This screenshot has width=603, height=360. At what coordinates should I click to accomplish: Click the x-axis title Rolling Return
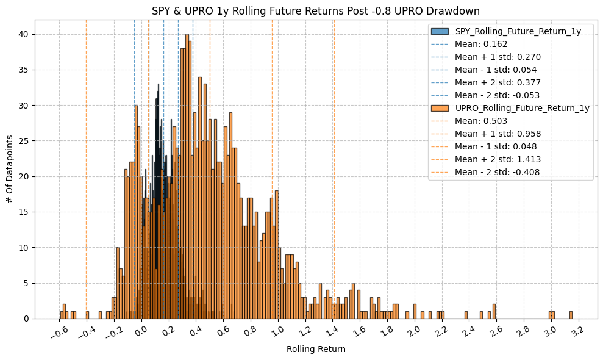coord(316,350)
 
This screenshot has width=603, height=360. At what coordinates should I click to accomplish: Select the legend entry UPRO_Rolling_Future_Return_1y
coord(522,108)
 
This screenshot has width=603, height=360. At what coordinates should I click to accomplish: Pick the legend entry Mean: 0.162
coord(481,44)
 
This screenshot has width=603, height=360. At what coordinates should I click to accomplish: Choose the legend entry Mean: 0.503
coord(481,121)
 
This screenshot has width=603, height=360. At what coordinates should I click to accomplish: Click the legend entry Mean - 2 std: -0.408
coord(497,172)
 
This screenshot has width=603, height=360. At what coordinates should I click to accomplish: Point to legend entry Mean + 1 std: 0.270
coord(498,57)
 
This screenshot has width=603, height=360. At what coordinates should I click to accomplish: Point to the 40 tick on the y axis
coord(23,34)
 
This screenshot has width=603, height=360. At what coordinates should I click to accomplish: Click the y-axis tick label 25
coord(23,141)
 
